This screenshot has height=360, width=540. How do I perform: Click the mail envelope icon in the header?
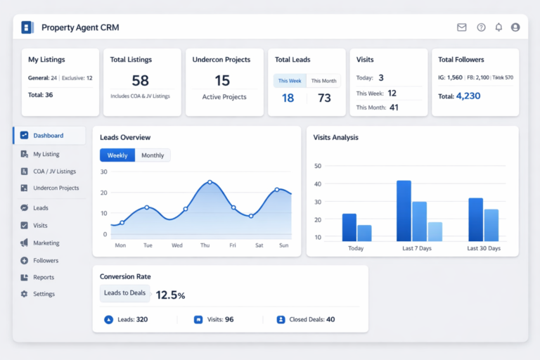(x=462, y=27)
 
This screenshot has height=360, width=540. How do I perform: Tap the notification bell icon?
(x=499, y=27)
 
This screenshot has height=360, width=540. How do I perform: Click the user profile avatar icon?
(x=515, y=27)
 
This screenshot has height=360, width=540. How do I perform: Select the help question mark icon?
(x=481, y=27)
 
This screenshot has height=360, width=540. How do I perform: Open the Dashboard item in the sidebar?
(x=48, y=136)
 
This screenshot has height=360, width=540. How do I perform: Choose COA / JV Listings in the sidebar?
(x=54, y=171)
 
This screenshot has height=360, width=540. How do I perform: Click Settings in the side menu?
(x=44, y=294)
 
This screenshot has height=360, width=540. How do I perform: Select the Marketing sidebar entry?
(x=46, y=243)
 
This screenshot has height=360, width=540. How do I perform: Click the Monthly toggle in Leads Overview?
(x=153, y=155)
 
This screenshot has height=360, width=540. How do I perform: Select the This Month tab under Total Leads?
(x=324, y=81)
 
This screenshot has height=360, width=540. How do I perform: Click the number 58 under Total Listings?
(x=140, y=80)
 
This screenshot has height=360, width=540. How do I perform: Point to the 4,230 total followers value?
(x=468, y=96)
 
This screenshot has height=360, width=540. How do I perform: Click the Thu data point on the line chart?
(x=210, y=182)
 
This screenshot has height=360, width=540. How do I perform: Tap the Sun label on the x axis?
(x=284, y=245)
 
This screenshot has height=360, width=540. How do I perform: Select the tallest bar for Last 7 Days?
(x=404, y=211)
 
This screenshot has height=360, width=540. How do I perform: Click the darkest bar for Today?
(x=349, y=227)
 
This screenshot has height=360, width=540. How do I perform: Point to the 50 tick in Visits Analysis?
(x=317, y=166)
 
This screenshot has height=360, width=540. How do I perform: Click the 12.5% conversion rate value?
(x=170, y=295)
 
